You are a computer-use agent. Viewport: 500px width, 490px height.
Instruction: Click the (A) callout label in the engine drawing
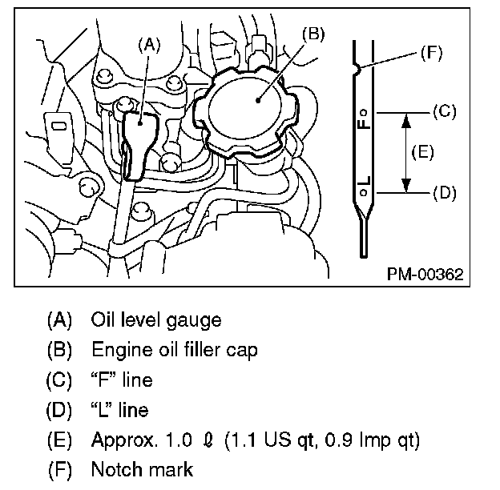tap(149, 46)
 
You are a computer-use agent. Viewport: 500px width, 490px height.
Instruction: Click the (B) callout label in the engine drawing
tap(313, 33)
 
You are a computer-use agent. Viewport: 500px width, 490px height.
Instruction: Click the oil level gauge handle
tap(139, 136)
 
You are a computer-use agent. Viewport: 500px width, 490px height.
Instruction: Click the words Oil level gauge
tap(156, 319)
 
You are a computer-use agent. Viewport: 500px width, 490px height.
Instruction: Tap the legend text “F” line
tap(121, 380)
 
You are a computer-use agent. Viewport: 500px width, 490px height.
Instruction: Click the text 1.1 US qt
tap(272, 440)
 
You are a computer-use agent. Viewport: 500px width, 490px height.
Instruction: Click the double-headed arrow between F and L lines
tap(405, 152)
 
